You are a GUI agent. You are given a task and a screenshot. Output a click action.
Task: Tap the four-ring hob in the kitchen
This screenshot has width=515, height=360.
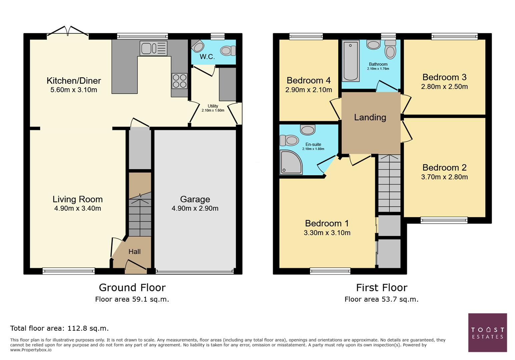[x=179, y=81]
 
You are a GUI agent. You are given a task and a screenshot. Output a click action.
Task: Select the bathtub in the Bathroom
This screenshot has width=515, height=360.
[x=350, y=61]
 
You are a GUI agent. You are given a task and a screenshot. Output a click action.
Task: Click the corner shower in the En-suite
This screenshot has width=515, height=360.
[x=291, y=162]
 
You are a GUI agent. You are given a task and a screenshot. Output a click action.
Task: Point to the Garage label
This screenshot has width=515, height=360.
[x=195, y=199]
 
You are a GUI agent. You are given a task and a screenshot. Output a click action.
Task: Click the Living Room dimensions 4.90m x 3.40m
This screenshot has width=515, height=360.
[x=77, y=209]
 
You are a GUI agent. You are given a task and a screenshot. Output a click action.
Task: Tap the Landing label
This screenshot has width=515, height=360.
[x=370, y=117]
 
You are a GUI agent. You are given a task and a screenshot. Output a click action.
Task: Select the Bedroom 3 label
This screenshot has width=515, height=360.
[x=444, y=77]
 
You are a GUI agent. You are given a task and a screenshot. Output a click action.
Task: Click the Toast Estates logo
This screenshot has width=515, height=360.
[x=487, y=333]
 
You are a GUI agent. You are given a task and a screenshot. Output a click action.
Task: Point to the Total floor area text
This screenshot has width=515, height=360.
[x=59, y=328]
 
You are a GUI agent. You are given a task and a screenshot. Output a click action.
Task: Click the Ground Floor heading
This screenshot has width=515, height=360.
[x=132, y=287]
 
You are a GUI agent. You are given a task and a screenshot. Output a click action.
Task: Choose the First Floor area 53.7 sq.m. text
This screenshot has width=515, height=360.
[x=381, y=299]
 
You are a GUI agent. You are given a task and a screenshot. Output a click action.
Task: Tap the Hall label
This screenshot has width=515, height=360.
[x=134, y=252]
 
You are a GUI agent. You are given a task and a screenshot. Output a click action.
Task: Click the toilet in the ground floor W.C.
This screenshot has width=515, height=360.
[x=227, y=51]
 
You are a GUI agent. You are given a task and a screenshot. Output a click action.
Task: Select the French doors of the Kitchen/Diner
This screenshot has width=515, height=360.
[x=68, y=32]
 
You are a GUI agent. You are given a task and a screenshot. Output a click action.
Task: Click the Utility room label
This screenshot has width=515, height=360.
[x=213, y=106]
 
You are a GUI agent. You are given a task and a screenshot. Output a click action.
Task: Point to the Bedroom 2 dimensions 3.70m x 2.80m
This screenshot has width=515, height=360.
[x=444, y=177]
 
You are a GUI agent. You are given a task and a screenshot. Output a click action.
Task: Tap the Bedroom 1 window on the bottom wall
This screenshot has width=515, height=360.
[x=330, y=271]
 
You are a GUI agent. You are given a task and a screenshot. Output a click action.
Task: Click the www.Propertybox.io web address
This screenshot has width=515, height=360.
[x=31, y=350]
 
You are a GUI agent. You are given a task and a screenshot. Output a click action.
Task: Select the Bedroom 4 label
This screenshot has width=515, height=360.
[x=309, y=80]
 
